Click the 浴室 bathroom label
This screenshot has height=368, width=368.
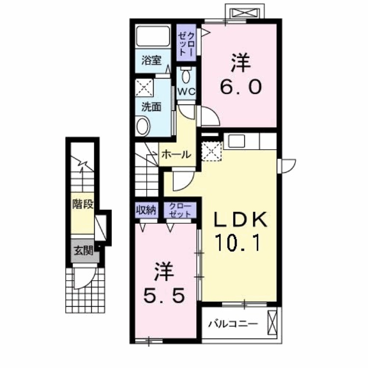click(151, 60)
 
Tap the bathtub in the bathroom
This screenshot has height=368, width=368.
click(153, 36)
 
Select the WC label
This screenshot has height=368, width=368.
click(186, 91)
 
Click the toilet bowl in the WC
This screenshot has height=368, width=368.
click(186, 76)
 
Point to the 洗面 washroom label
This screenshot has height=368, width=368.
click(152, 107)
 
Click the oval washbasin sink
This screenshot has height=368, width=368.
click(143, 126)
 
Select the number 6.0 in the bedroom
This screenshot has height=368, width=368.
click(240, 86)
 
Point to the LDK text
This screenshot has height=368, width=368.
click(240, 219)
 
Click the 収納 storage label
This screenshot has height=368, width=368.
click(146, 210)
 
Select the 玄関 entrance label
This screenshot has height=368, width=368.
click(84, 251)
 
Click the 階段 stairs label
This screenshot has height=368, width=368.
click(83, 204)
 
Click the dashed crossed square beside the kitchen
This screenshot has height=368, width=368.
click(211, 151)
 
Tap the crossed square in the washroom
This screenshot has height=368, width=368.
click(144, 87)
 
